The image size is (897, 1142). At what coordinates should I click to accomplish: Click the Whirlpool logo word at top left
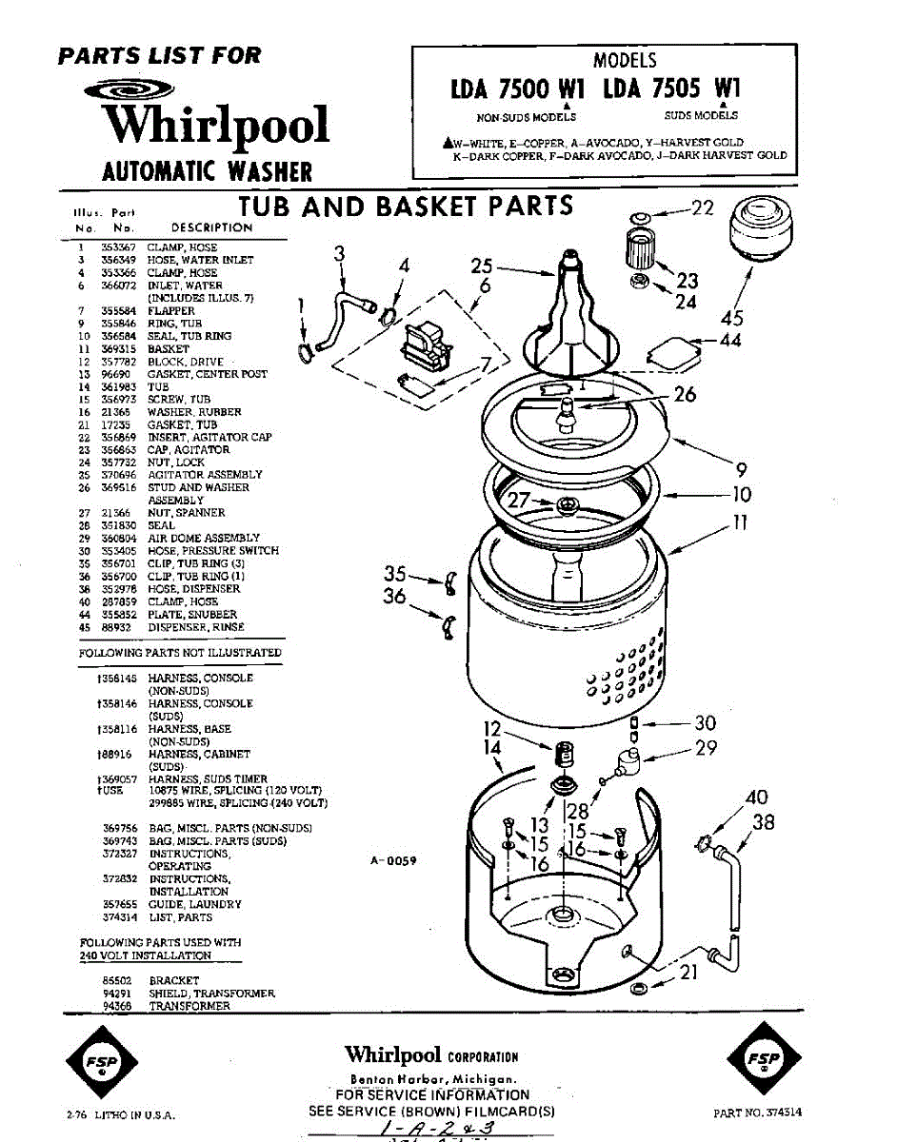tap(215, 126)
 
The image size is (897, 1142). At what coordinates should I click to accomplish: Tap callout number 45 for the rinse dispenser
tap(732, 318)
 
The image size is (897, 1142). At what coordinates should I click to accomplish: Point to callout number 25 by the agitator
tap(482, 267)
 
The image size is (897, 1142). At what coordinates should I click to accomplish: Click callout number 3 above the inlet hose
tap(339, 253)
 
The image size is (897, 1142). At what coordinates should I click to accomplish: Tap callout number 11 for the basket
tap(740, 522)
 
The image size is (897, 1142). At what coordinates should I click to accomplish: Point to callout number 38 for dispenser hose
tap(764, 822)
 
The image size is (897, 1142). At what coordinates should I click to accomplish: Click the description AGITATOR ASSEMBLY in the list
tap(205, 474)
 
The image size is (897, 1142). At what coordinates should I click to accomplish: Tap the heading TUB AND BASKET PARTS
tap(405, 207)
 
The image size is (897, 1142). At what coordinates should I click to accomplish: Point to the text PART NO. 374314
tap(757, 1112)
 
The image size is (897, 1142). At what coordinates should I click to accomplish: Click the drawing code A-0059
tap(393, 860)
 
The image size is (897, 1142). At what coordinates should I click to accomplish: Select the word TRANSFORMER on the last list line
tap(189, 1006)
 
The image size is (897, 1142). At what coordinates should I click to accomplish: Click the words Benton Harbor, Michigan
tap(432, 1079)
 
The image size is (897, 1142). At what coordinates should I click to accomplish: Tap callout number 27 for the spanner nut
tap(518, 499)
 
